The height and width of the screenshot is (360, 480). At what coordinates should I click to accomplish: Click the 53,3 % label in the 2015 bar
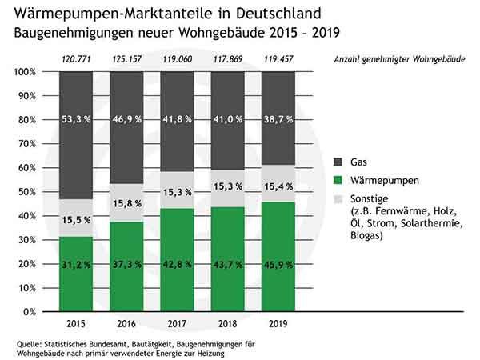77,120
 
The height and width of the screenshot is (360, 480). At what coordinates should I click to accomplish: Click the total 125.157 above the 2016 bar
126,60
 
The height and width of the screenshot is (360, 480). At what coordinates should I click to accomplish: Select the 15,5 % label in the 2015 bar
77,219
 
